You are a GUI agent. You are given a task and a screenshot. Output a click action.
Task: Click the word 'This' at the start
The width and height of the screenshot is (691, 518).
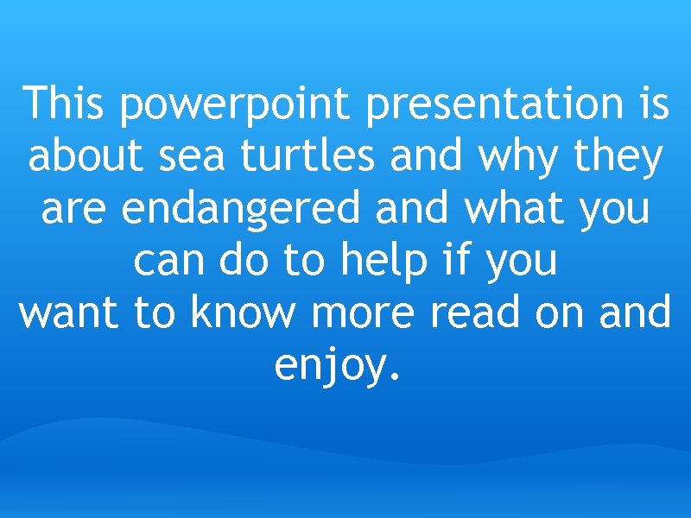click(65, 104)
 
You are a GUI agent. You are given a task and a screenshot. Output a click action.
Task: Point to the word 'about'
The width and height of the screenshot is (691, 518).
click(86, 157)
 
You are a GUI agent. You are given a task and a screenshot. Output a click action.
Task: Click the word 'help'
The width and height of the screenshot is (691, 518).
click(384, 262)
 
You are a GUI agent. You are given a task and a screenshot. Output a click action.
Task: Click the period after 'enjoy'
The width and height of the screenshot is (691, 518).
click(396, 378)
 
